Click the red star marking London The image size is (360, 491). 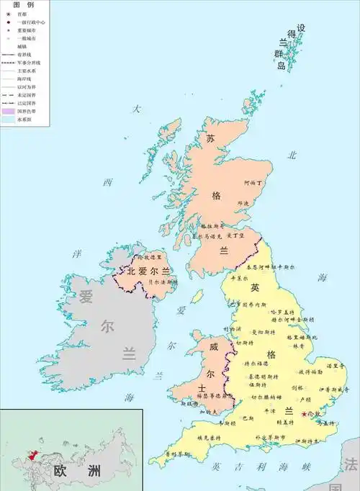[x=304, y=414]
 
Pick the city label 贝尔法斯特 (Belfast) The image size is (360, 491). [x=162, y=283]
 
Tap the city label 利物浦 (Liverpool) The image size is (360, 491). [x=235, y=328]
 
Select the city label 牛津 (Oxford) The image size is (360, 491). [x=269, y=410]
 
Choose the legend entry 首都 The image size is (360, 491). [x=22, y=14]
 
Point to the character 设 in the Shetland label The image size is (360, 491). [x=301, y=28]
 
